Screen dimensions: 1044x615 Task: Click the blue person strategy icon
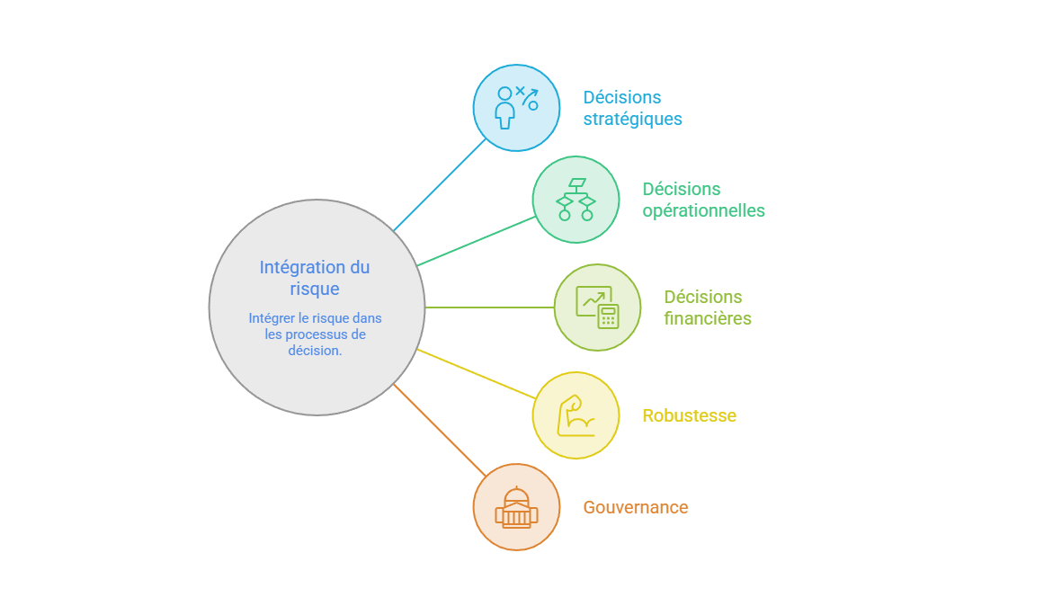tap(516, 107)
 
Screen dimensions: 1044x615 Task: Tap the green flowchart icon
tap(576, 199)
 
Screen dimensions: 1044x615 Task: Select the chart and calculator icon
tap(597, 307)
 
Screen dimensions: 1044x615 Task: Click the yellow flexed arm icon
tap(576, 415)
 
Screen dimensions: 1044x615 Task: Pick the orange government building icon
tap(516, 507)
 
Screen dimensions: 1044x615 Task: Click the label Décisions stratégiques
tap(632, 108)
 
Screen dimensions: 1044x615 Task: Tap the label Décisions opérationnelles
tap(703, 200)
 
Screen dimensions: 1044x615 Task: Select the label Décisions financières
tap(707, 307)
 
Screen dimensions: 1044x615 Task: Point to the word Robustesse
tap(689, 415)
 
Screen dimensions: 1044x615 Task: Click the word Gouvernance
tap(635, 507)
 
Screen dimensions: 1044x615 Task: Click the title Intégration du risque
tap(314, 278)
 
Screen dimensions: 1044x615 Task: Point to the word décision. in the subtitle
tap(315, 350)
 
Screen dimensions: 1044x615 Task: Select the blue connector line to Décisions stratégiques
tap(440, 185)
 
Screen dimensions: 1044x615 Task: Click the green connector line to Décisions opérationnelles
tap(476, 241)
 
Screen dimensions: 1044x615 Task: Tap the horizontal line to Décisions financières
tap(489, 307)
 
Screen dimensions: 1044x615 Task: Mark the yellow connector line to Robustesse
tap(476, 374)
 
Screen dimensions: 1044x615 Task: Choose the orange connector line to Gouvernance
tap(440, 430)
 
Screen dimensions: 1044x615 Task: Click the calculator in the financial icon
tap(608, 316)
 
